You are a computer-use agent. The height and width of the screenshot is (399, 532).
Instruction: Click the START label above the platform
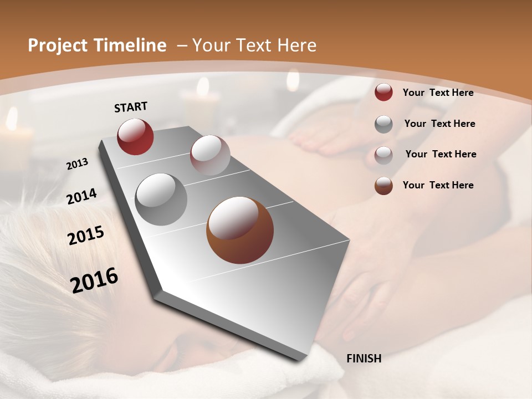[x=131, y=107]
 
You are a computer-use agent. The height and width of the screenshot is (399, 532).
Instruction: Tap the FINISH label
[x=364, y=359]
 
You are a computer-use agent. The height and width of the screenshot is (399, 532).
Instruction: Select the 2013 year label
[x=78, y=164]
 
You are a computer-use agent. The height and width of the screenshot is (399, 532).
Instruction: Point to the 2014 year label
[x=81, y=196]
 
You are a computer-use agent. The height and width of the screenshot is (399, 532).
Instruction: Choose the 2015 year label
[x=86, y=236]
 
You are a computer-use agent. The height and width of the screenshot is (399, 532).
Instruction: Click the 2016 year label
[x=94, y=280]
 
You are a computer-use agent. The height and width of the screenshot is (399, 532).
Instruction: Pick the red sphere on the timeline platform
[x=135, y=136]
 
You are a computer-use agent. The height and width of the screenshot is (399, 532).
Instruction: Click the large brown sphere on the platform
[x=240, y=230]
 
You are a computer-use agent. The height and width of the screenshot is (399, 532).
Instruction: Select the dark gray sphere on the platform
[x=161, y=199]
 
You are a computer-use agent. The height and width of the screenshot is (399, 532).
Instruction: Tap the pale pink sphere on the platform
[x=210, y=155]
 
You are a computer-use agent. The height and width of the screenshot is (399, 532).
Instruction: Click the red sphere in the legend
[x=383, y=92]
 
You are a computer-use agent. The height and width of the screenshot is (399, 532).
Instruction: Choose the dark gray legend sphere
[x=383, y=124]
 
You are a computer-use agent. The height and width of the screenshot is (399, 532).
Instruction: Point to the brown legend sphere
[x=383, y=185]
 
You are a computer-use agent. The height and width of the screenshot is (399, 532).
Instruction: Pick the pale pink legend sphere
[x=383, y=155]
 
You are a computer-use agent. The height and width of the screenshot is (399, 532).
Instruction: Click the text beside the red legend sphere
[x=438, y=93]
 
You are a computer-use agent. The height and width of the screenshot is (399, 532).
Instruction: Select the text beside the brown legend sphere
[x=438, y=185]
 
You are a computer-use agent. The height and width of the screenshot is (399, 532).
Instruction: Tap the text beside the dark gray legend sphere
[x=439, y=124]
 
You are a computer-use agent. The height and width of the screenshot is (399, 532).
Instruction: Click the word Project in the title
[x=58, y=45]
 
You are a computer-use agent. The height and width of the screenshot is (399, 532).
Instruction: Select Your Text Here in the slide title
[x=254, y=45]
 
